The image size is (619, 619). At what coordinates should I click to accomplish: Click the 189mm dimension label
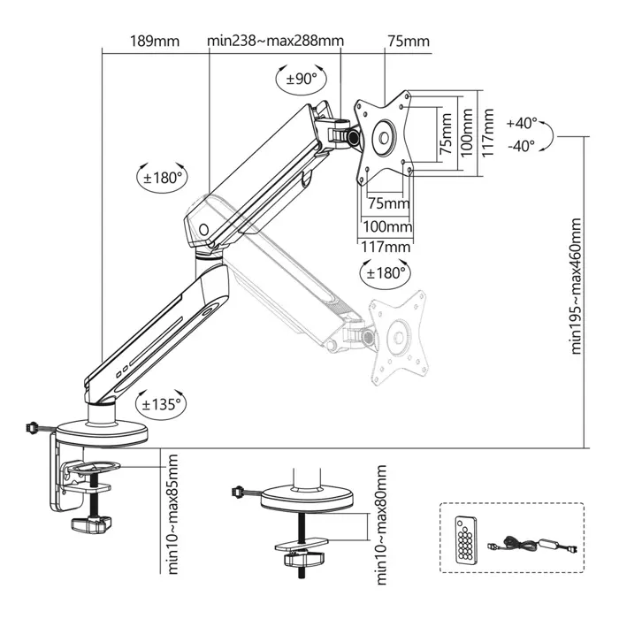click(155, 42)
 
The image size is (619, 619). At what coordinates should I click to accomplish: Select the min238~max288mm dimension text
click(275, 42)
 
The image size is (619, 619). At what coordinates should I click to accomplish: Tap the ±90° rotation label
click(301, 79)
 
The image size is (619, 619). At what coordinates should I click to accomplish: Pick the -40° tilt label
click(522, 146)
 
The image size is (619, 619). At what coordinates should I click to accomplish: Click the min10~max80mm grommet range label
click(381, 525)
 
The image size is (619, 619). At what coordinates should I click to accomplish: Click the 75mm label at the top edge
click(409, 42)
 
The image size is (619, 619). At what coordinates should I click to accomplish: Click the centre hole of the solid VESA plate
click(385, 136)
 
